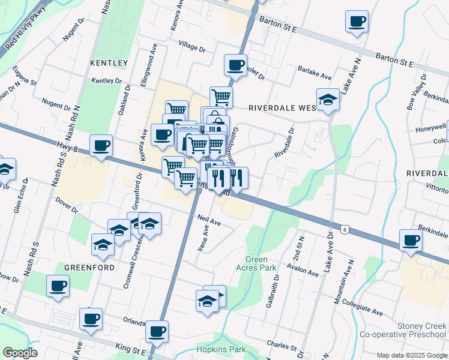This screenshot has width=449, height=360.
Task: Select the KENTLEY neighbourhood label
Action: (x=109, y=62)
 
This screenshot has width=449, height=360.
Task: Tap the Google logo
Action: (x=20, y=353)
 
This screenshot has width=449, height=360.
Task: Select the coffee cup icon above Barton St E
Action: (x=357, y=22)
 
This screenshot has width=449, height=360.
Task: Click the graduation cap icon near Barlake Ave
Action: (x=328, y=100)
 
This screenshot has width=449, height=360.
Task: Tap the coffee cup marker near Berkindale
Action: (x=411, y=241)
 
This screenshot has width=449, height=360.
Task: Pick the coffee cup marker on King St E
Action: (x=157, y=331)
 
